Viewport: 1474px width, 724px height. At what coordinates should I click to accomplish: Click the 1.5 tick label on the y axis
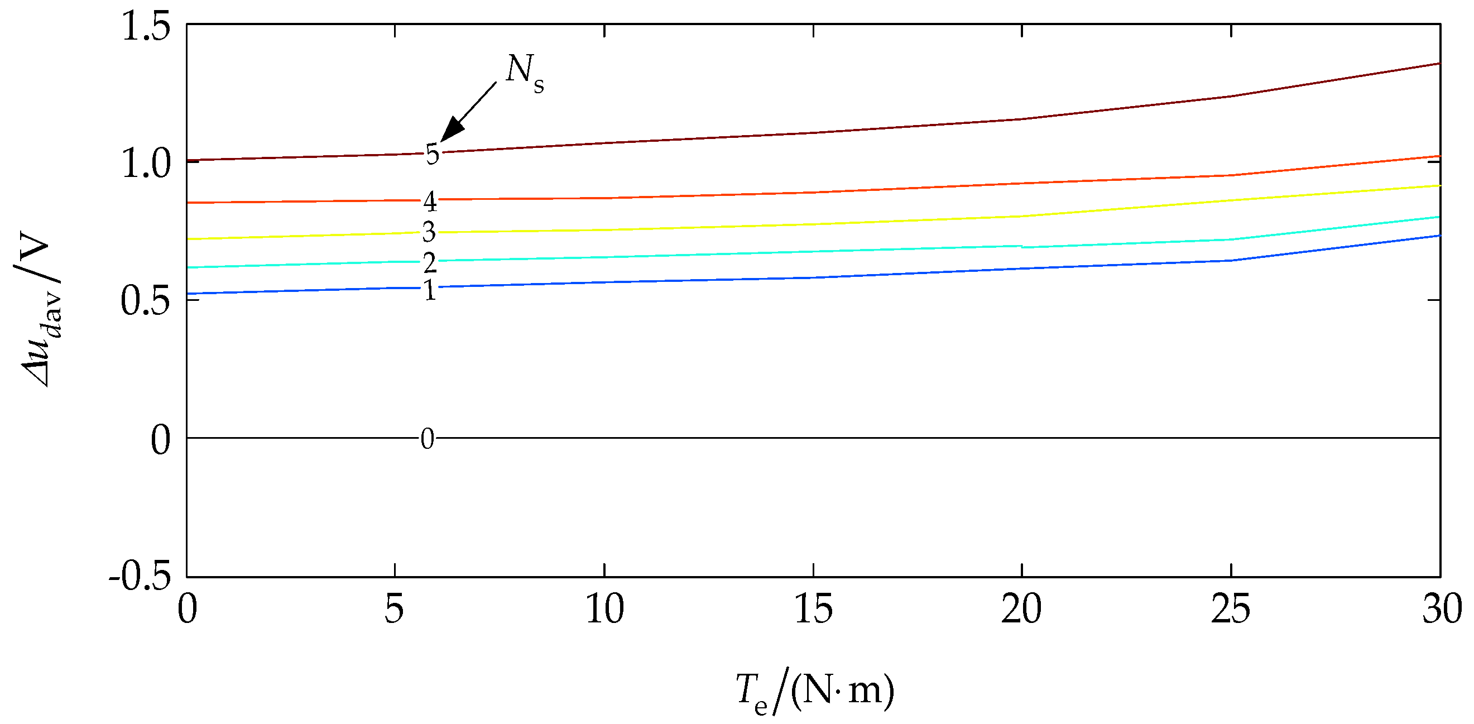click(x=146, y=27)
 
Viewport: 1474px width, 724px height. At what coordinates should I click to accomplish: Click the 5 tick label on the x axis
click(x=394, y=610)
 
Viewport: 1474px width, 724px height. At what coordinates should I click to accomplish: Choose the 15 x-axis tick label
click(x=813, y=610)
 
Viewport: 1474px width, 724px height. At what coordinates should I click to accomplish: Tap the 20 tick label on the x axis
click(x=1022, y=610)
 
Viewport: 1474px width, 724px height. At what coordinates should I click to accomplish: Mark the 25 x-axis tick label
click(x=1231, y=610)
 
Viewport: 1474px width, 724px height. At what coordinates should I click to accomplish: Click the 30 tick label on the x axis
click(x=1442, y=610)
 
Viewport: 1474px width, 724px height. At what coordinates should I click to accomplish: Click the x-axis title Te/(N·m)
click(x=815, y=691)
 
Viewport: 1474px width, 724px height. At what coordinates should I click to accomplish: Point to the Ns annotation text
click(x=524, y=73)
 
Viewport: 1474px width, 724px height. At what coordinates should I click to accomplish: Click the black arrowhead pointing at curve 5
click(x=452, y=130)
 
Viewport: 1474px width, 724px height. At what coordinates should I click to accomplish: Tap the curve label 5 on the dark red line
click(x=432, y=155)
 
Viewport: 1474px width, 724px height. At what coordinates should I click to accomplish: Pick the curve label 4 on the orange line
click(x=430, y=202)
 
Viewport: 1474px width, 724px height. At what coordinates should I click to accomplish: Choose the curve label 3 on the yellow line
click(x=429, y=232)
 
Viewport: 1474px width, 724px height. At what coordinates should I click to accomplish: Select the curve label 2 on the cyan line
click(x=430, y=263)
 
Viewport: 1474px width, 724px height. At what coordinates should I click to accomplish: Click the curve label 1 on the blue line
click(x=430, y=291)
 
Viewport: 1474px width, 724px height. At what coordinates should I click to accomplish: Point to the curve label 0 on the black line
click(x=427, y=439)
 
